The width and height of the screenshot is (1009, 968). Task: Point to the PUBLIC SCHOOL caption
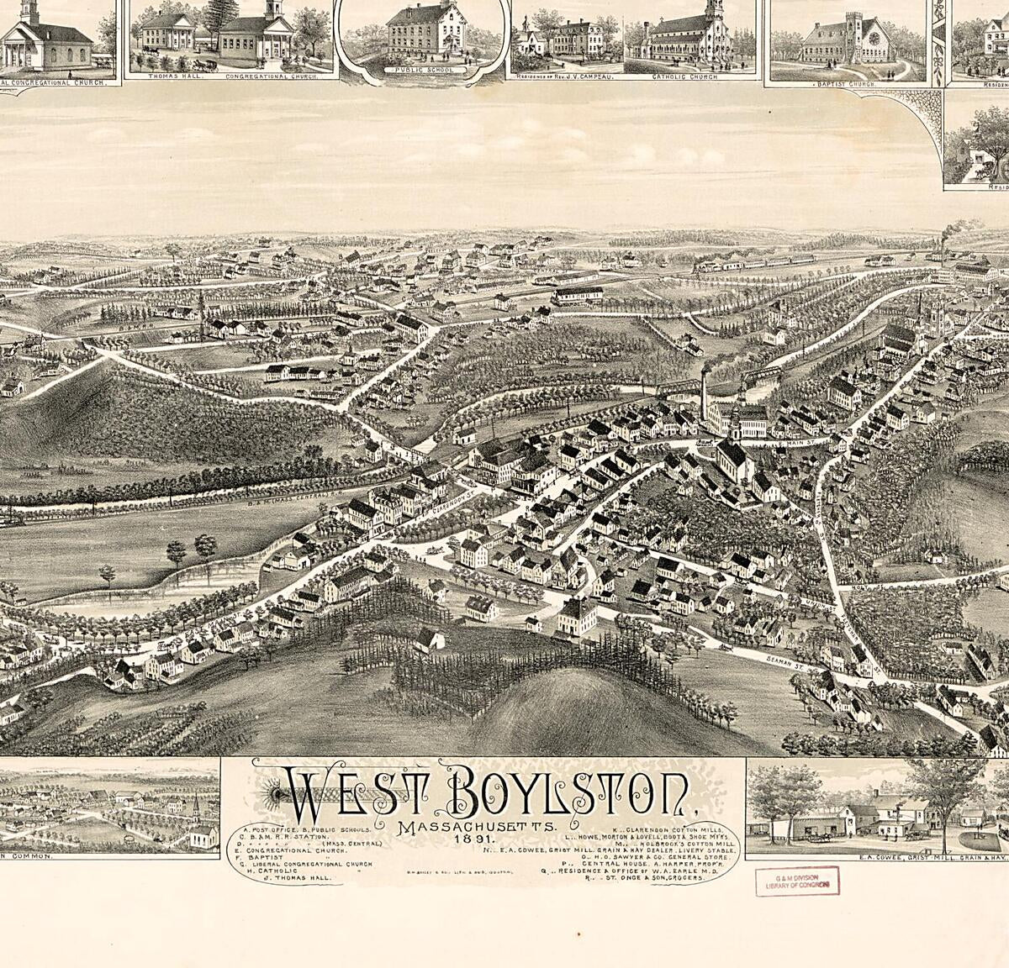pyautogui.click(x=425, y=71)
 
